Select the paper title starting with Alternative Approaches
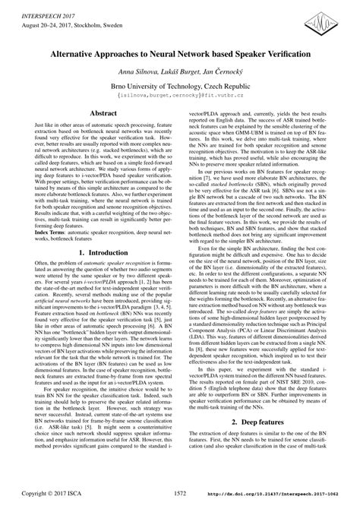[x=179, y=55]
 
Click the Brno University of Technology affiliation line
[x=179, y=89]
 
